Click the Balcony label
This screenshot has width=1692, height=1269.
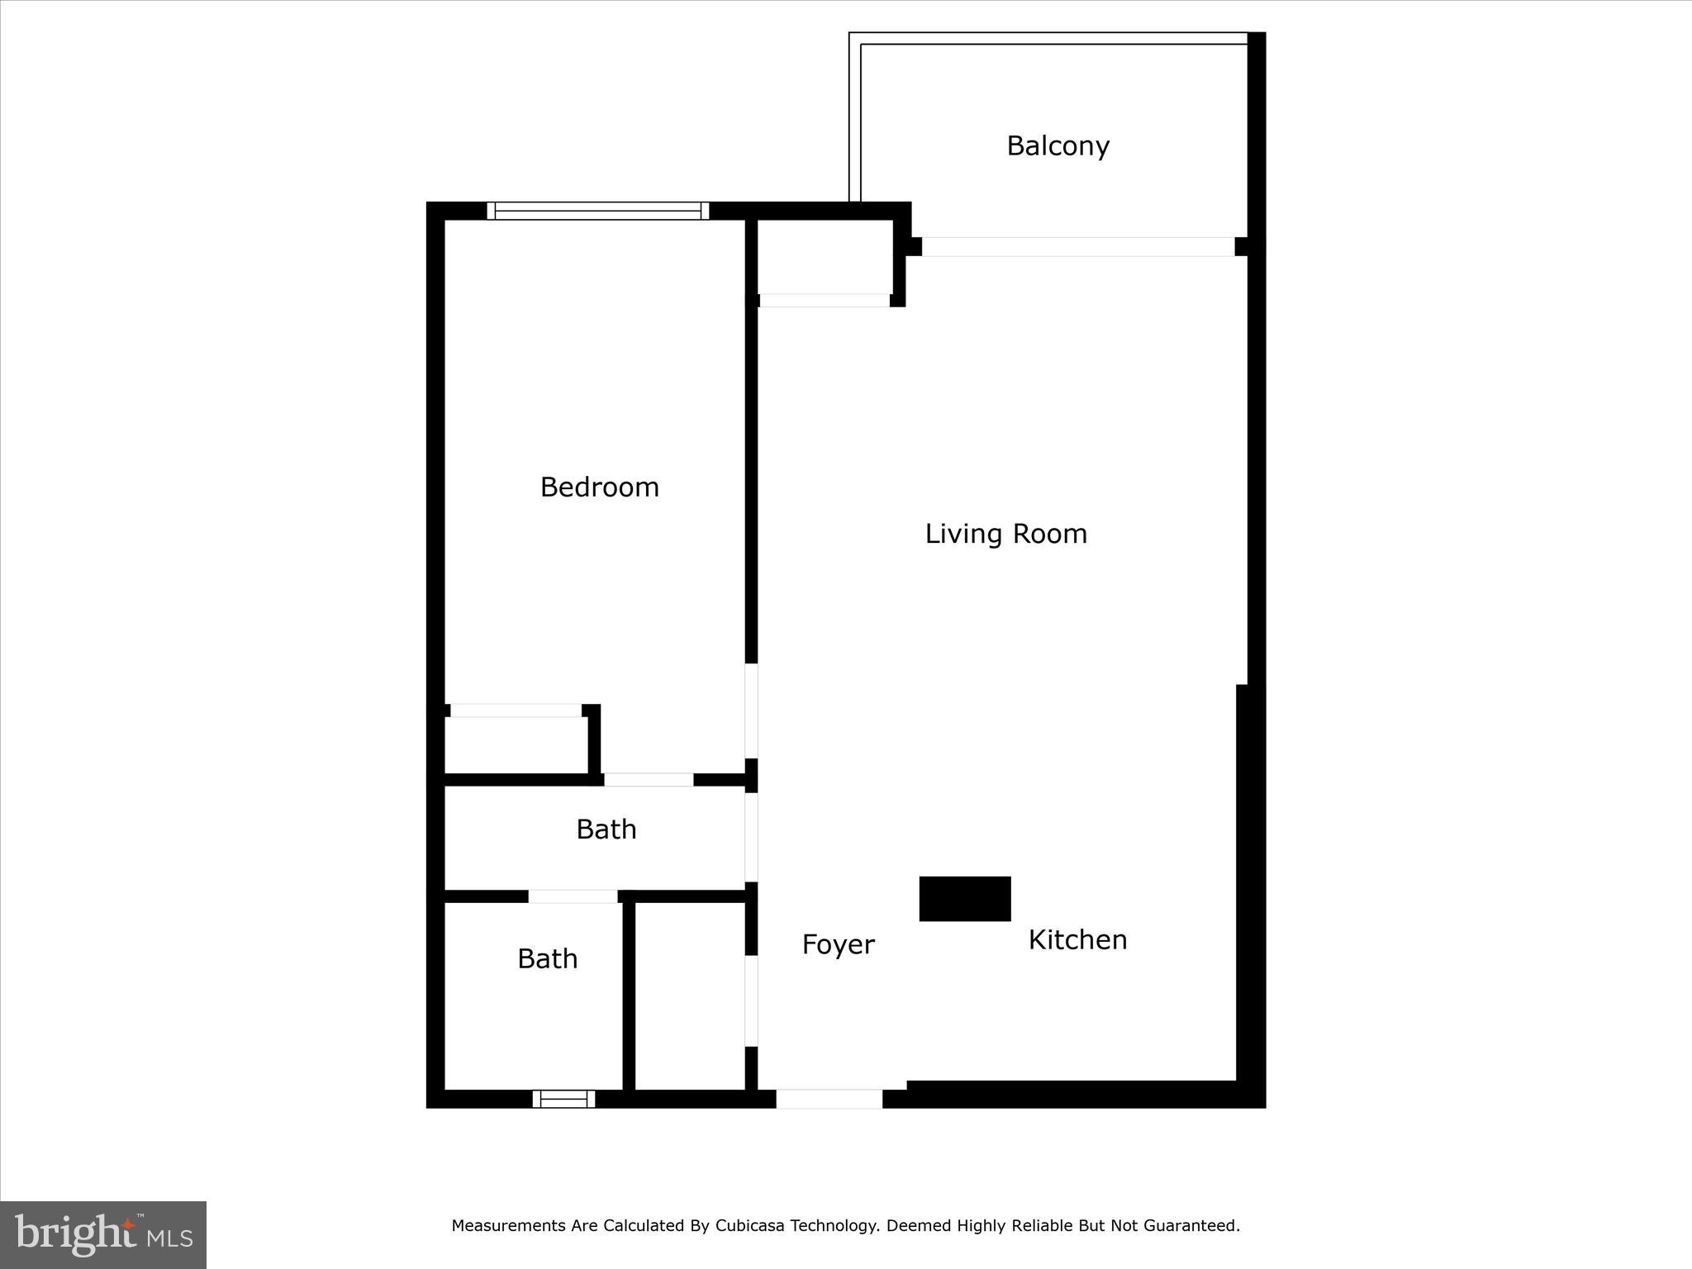coord(1057,146)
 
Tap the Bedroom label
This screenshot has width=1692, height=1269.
coord(599,487)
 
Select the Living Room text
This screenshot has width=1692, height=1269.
coord(1005,534)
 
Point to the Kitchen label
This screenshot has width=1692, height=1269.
coord(1077,939)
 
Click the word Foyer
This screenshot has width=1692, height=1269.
coord(838,944)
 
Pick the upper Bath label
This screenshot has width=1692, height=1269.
coord(606,829)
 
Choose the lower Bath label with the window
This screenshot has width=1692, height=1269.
coord(547,958)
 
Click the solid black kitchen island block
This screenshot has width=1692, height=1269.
coord(965,899)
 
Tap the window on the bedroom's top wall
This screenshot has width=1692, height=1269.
coord(597,211)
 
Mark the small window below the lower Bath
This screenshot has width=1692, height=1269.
coord(563,1098)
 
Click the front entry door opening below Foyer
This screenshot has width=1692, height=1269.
coord(829,1099)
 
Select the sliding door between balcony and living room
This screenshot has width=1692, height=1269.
coord(1077,246)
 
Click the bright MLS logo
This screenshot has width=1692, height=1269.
coord(103,1235)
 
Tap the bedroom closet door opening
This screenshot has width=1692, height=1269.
coord(516,711)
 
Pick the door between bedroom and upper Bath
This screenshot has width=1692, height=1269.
coord(649,780)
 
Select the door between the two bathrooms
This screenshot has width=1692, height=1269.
coord(573,896)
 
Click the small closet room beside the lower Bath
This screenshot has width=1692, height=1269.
coord(690,996)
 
